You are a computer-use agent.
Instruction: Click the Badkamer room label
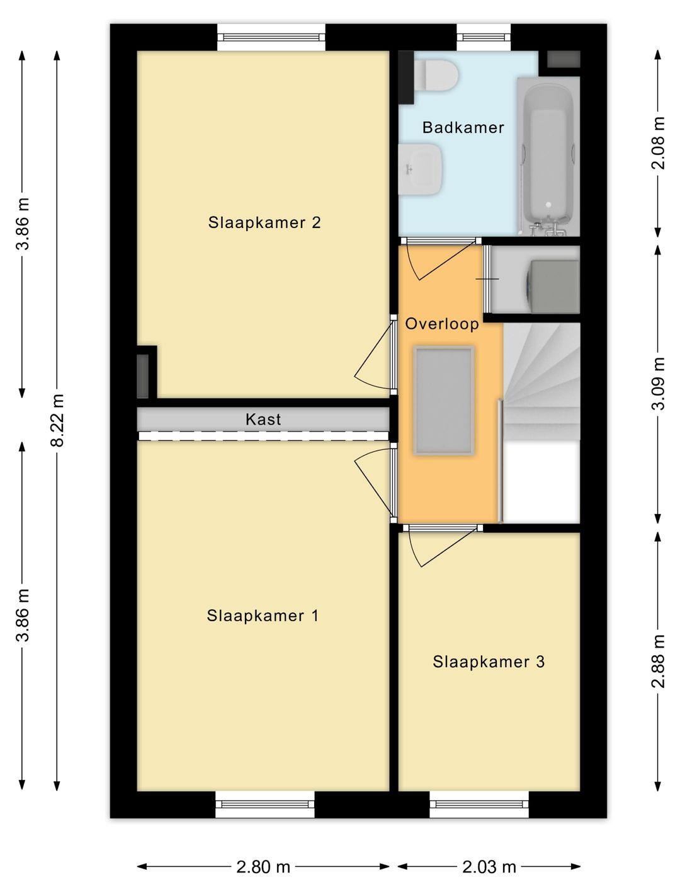click(463, 128)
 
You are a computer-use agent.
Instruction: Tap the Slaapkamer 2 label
click(264, 222)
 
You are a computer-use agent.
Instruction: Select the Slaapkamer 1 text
click(263, 615)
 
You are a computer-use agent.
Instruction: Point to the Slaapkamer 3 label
click(489, 661)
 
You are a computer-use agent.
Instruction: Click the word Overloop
click(442, 324)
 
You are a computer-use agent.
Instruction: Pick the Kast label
click(263, 419)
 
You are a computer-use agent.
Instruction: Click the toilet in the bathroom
click(435, 75)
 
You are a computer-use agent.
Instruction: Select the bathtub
click(548, 156)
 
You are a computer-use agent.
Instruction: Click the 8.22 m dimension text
click(58, 420)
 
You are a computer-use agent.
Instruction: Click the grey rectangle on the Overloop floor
click(443, 401)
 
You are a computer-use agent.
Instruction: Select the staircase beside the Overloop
click(541, 381)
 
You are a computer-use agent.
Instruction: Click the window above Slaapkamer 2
click(271, 37)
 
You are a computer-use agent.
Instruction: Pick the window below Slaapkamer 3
click(479, 804)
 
